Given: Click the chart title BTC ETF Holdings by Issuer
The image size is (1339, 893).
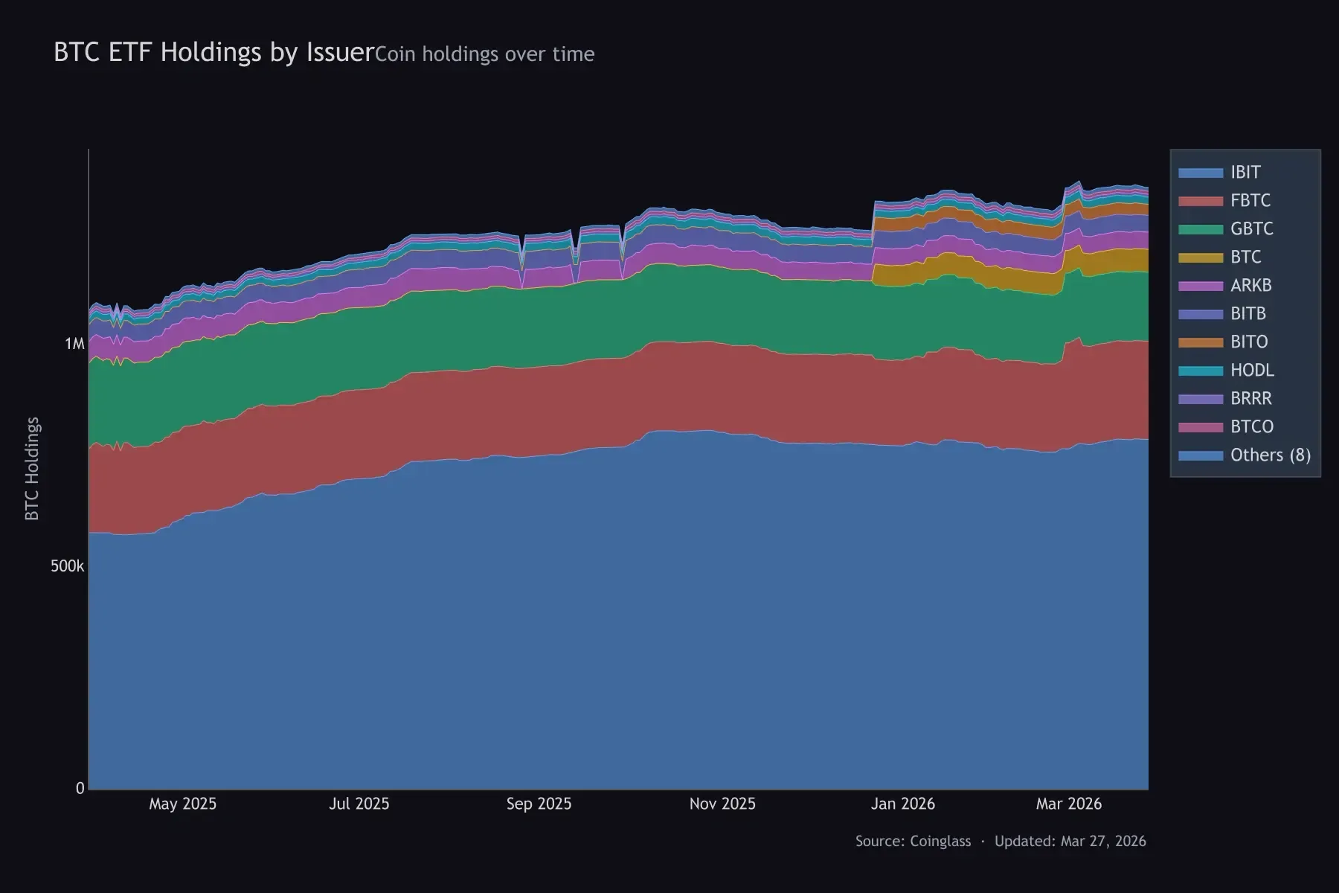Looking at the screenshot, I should tap(213, 52).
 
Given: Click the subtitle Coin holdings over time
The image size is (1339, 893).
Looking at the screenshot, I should tap(484, 54).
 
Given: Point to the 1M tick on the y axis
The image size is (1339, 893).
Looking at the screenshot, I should tap(75, 344).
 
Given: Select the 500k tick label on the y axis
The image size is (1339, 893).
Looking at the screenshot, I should tap(67, 566).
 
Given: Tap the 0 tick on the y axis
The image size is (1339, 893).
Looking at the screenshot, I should tap(80, 789).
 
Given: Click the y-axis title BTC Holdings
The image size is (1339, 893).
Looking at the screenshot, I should tap(32, 469).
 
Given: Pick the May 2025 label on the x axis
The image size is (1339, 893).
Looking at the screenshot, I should tap(182, 804).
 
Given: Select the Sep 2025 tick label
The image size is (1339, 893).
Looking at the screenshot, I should tap(539, 804).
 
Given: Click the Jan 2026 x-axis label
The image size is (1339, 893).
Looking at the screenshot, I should tap(902, 804).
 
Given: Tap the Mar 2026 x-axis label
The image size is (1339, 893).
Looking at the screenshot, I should tap(1069, 804).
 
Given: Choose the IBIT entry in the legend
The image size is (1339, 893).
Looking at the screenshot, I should tap(1245, 173).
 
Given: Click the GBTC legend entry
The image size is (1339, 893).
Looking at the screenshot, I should tap(1251, 229).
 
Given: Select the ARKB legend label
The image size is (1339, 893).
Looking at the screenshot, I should tap(1250, 286).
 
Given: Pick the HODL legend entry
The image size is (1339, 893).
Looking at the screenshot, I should tap(1252, 371).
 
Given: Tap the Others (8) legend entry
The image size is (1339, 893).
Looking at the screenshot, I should tap(1270, 455).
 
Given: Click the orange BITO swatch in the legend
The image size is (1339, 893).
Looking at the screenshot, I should tap(1201, 342).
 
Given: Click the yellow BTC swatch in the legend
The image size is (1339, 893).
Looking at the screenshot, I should tap(1201, 257).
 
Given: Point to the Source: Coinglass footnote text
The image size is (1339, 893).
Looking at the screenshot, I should tap(913, 842).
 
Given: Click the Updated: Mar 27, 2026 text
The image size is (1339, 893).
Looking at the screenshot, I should tap(1070, 842).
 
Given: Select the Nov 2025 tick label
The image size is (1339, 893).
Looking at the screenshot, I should tap(722, 804).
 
